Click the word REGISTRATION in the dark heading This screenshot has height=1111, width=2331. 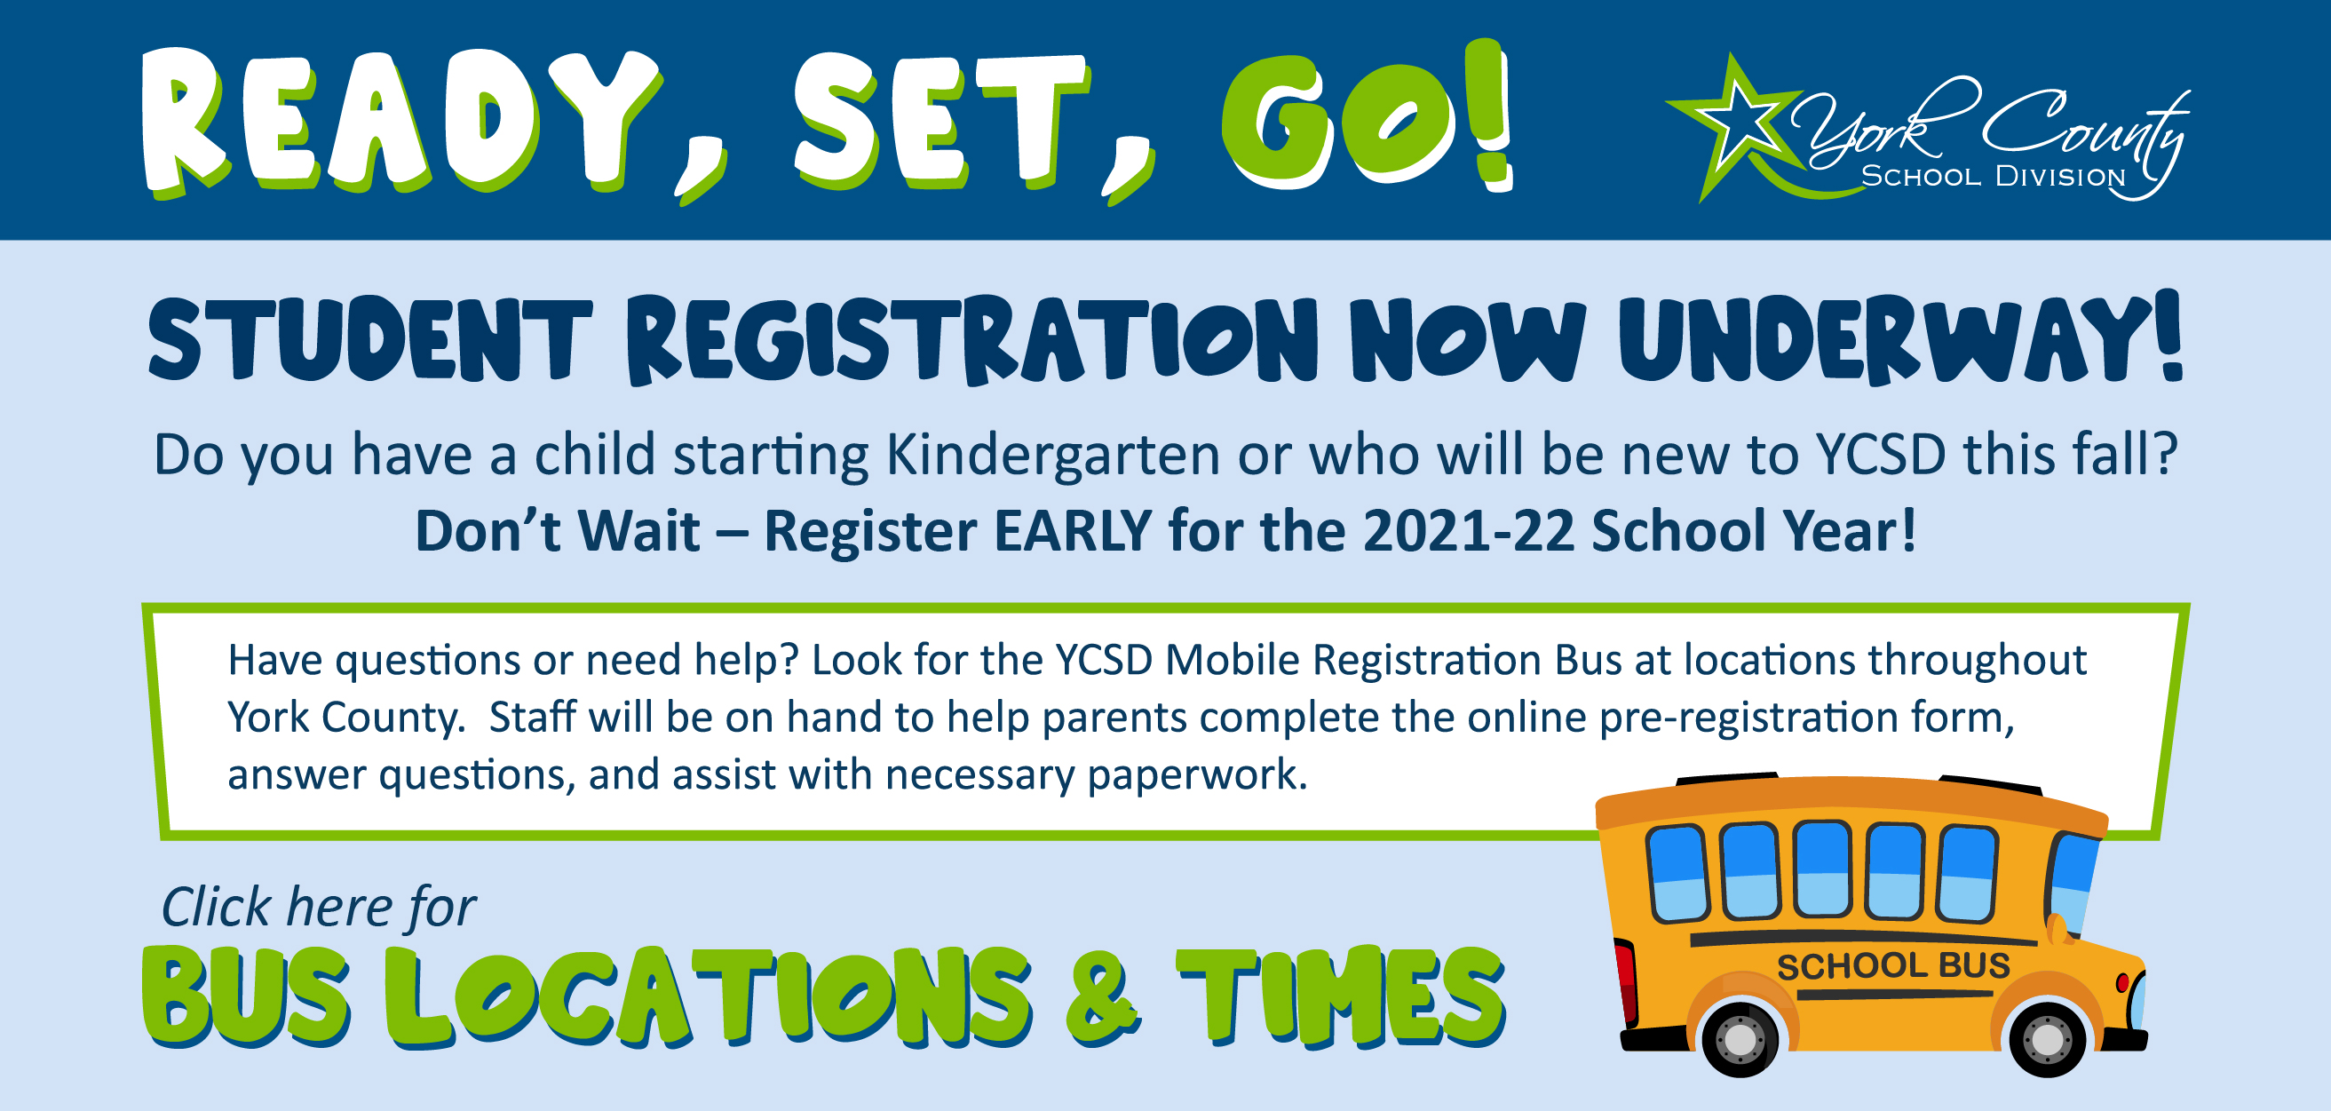pos(972,340)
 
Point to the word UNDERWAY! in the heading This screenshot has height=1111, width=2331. pos(1901,338)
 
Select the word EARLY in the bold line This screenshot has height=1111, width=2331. pos(1074,530)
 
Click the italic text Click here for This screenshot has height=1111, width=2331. pos(319,908)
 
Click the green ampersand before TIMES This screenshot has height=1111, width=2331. pos(1103,998)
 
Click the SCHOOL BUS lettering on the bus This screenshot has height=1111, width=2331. pos(1893,966)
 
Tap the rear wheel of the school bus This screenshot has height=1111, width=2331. pos(1740,1040)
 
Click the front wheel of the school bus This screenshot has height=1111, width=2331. pos(2048,1040)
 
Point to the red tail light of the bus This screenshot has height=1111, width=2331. pos(1625,981)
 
